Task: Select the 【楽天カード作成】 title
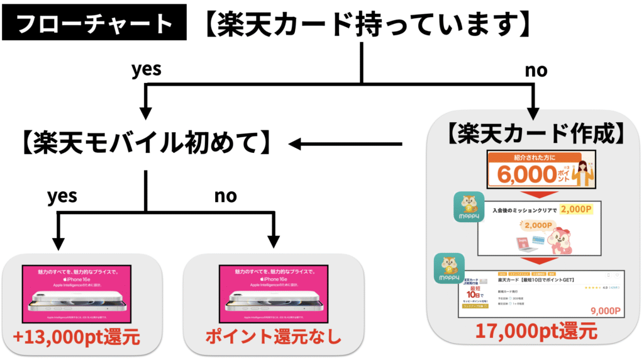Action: pyautogui.click(x=535, y=133)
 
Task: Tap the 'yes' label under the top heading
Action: pyautogui.click(x=146, y=69)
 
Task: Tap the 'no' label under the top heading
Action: pyautogui.click(x=536, y=70)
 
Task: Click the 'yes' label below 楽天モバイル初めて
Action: pyautogui.click(x=62, y=196)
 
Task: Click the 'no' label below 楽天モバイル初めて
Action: pyautogui.click(x=225, y=196)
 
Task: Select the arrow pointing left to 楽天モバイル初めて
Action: pyautogui.click(x=346, y=145)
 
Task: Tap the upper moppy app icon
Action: pyautogui.click(x=469, y=207)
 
